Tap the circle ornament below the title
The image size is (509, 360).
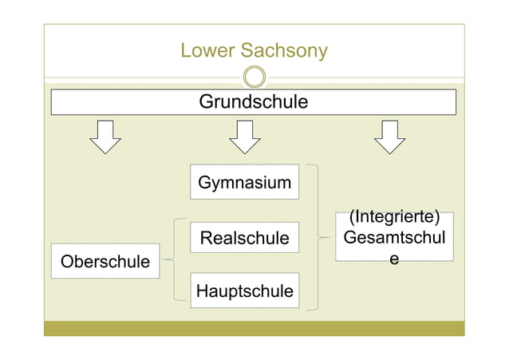point(254,77)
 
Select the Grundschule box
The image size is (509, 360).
point(254,102)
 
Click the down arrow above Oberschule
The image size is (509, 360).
point(105,136)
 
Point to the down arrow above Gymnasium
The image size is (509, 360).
point(245,136)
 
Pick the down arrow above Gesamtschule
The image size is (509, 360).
point(390,136)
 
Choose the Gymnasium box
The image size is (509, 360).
point(245,182)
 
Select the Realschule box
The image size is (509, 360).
point(245,238)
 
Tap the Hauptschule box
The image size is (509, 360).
point(245,291)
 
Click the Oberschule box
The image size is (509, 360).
point(105,261)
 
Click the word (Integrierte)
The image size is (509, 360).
point(395,217)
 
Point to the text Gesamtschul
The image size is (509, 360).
point(394,238)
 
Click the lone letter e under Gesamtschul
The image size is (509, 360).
point(394,259)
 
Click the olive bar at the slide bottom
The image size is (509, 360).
point(254,328)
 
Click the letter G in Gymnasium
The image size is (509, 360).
point(204,183)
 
